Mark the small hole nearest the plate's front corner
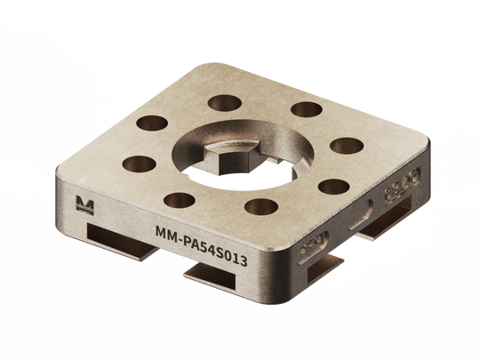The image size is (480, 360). (259, 208)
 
